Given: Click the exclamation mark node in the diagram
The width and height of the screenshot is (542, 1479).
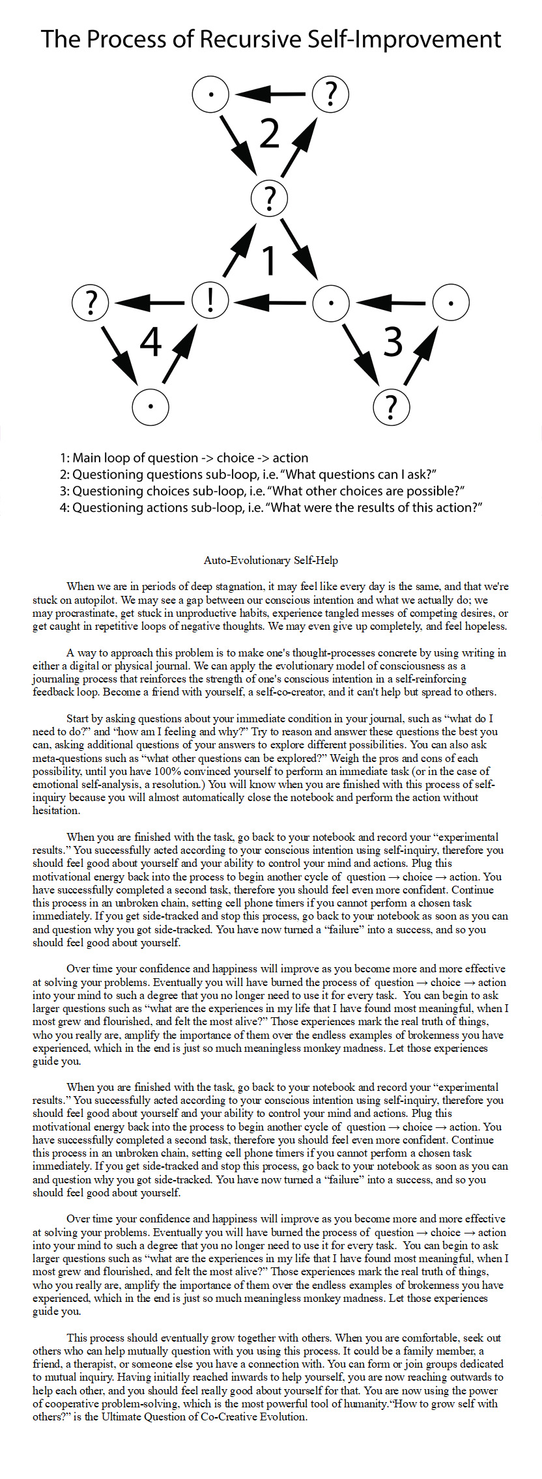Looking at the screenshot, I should point(210,302).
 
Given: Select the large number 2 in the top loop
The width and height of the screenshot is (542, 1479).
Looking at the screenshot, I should point(269,134).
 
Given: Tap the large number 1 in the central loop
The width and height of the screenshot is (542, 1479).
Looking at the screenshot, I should point(269,259).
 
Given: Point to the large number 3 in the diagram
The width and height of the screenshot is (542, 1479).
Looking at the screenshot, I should point(393,341).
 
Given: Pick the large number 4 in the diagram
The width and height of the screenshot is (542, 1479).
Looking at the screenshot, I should point(150,341).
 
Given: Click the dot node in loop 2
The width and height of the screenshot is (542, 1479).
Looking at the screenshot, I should point(210,94).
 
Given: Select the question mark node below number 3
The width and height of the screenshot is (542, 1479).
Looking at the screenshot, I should point(391,406).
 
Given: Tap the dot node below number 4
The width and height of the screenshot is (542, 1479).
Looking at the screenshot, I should point(150,406).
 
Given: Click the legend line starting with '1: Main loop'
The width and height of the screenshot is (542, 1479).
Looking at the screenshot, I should point(184,458).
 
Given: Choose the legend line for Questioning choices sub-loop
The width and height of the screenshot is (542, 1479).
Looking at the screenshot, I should point(262,491).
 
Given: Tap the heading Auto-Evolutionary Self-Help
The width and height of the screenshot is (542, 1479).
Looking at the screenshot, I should point(271,560).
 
